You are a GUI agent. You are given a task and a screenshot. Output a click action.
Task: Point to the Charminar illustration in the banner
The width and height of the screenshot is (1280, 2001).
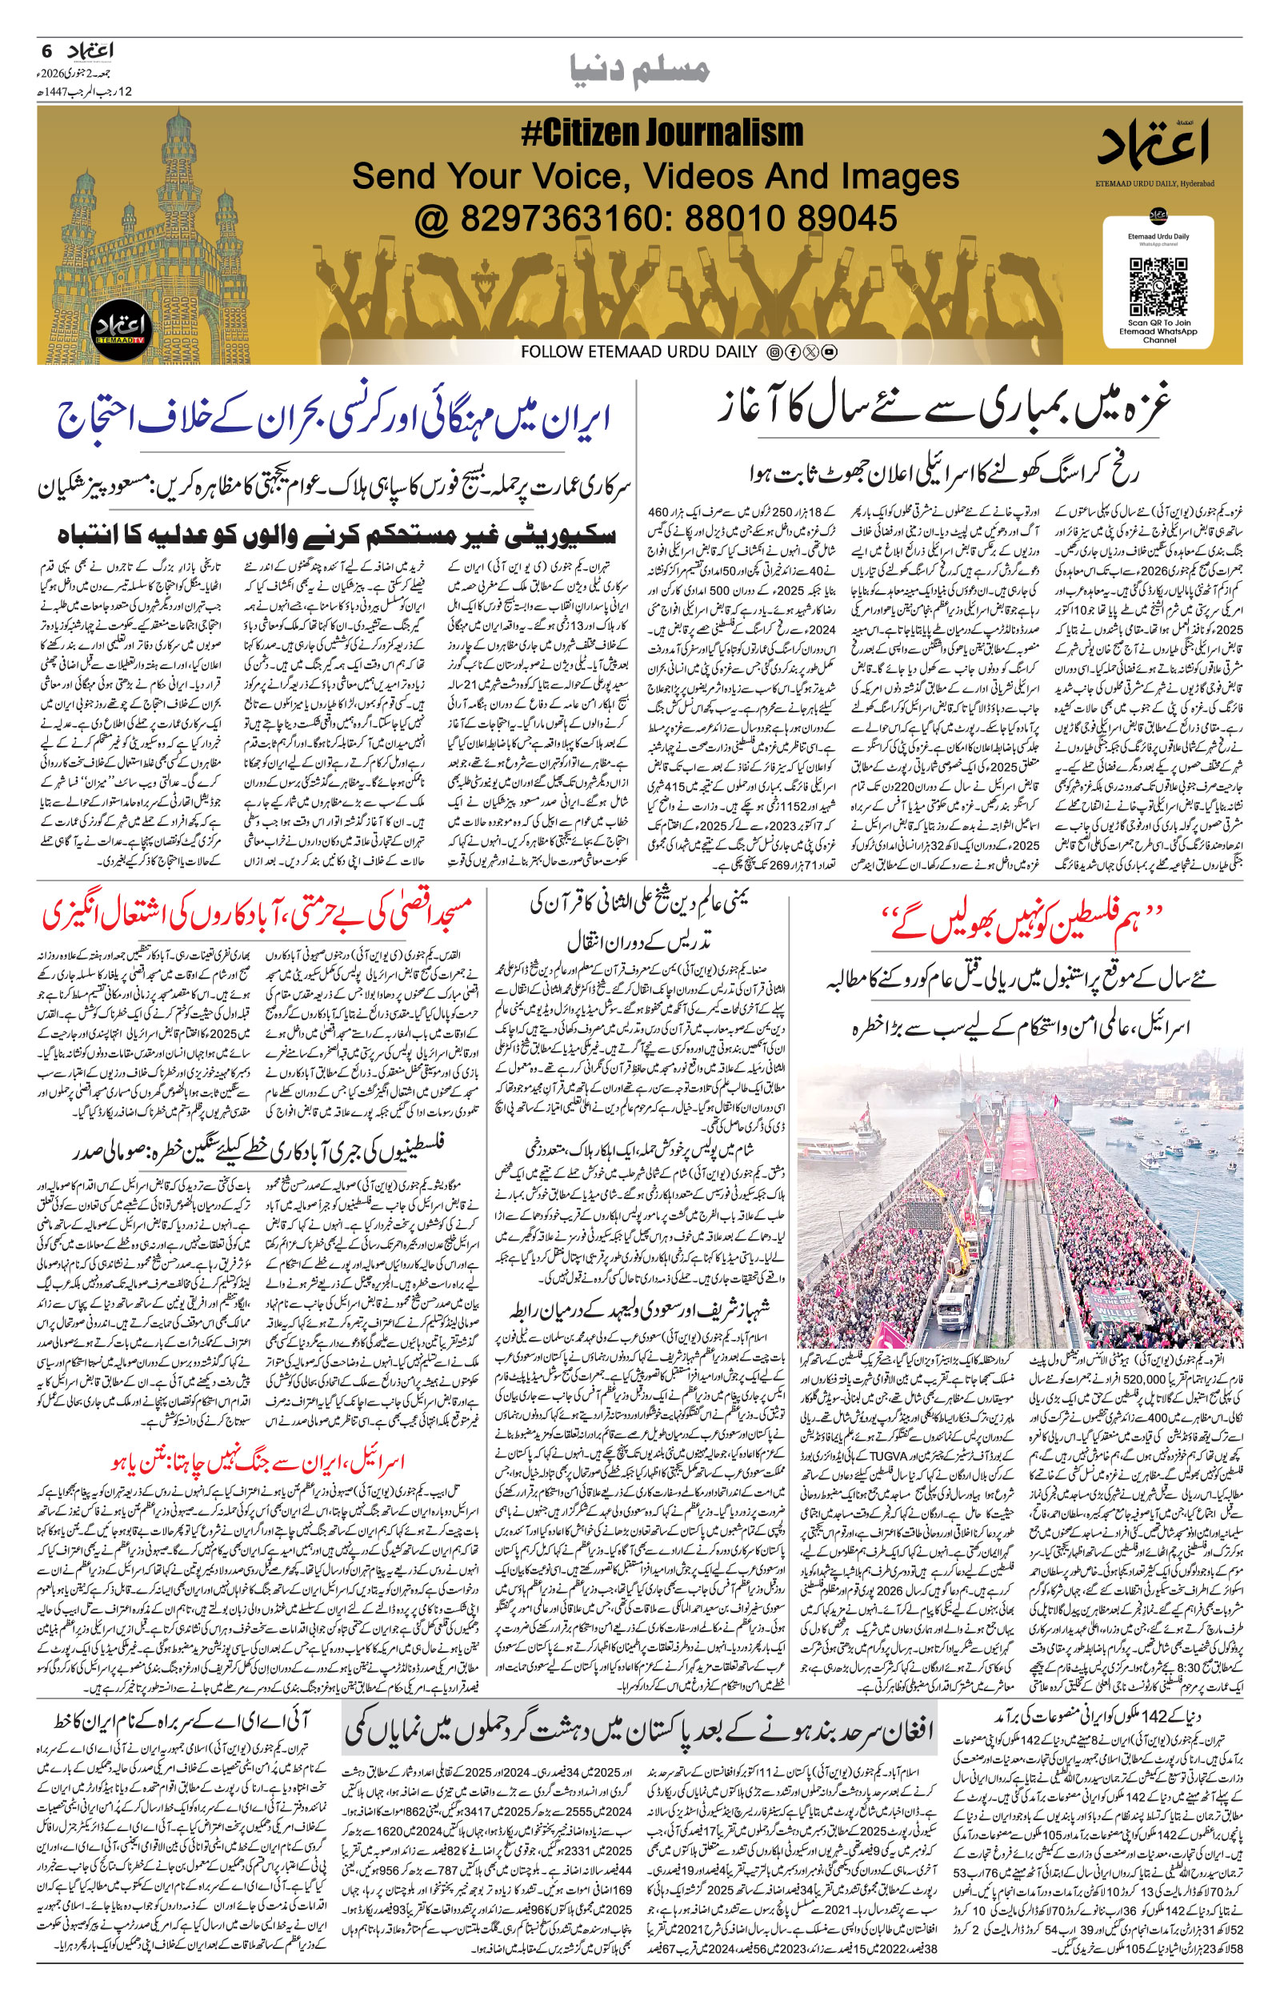[x=166, y=233]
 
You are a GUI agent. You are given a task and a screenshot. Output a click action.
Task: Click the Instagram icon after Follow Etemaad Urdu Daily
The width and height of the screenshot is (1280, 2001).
[x=774, y=352]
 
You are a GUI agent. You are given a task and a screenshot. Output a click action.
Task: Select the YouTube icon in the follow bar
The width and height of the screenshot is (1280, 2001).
[x=829, y=352]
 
